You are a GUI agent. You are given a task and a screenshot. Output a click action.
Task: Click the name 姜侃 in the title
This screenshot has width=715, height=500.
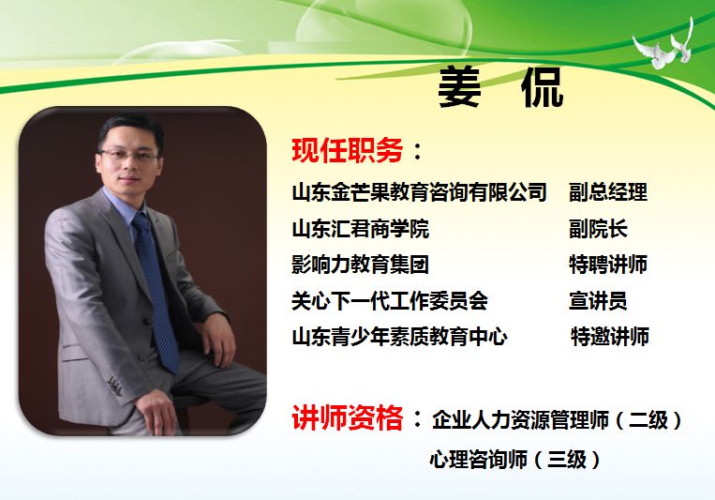(x=500, y=87)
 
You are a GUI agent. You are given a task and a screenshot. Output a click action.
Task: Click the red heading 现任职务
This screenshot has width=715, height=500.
(x=347, y=150)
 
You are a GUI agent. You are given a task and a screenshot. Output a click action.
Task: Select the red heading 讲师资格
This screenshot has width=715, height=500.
(x=347, y=417)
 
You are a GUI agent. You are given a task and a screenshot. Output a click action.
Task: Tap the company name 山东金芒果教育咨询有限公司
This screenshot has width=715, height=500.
(x=419, y=191)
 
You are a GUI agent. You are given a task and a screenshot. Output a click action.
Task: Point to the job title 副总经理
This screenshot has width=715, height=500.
(x=608, y=191)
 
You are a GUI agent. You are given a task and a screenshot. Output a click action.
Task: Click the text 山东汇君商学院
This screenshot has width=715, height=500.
(x=360, y=228)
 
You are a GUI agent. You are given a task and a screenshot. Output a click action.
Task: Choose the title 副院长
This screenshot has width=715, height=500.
(x=598, y=228)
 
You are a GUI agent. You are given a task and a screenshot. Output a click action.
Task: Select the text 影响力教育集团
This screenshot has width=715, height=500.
(x=360, y=265)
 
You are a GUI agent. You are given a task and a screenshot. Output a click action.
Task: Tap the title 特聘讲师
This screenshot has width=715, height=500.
(x=608, y=265)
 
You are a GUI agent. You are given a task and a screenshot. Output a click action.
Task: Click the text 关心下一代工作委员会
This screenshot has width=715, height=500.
(x=390, y=301)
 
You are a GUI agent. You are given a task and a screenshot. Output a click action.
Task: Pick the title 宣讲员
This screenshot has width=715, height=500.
(x=598, y=301)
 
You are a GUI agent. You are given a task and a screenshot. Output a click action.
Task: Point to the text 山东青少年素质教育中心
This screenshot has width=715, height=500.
(x=399, y=337)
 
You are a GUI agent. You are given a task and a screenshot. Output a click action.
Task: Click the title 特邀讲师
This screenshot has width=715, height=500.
(x=610, y=337)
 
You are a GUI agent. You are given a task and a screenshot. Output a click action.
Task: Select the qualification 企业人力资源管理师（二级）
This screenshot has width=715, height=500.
(x=558, y=419)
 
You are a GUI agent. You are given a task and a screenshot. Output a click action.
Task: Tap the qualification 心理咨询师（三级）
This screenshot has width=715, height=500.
(x=515, y=460)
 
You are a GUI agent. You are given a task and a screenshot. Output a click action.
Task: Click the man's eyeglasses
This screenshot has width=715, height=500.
(x=129, y=155)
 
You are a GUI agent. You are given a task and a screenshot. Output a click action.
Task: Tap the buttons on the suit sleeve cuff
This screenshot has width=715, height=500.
(x=114, y=386)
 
